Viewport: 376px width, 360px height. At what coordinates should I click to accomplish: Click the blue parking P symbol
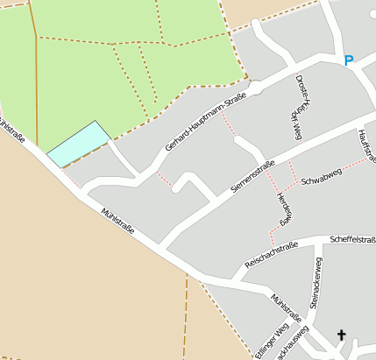[x=348, y=60]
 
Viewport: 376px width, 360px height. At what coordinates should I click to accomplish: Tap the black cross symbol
[x=341, y=334]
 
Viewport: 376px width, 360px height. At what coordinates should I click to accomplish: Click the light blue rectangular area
[x=78, y=143]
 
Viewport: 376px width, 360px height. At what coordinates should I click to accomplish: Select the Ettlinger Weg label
[x=270, y=342]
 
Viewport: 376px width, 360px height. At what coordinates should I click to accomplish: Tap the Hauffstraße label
[x=366, y=145]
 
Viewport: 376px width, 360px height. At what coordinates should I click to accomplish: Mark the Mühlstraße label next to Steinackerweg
[x=287, y=307]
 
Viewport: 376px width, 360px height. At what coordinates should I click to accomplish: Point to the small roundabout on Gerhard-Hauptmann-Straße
[x=254, y=87]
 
